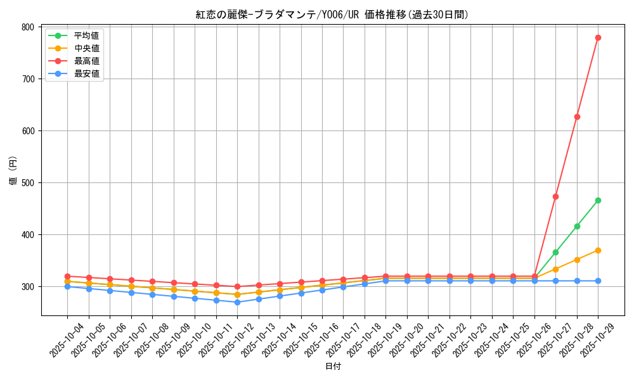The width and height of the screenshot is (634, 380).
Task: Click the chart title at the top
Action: click(332, 15)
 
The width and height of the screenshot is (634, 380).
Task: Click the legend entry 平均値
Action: click(86, 35)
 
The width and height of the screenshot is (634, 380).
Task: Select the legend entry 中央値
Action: click(86, 48)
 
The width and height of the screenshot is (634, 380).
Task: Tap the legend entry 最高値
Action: click(86, 61)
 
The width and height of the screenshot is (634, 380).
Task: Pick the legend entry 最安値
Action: click(86, 73)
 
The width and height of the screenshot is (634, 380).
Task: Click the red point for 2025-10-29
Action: click(598, 37)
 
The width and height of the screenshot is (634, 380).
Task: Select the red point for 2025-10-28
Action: click(577, 117)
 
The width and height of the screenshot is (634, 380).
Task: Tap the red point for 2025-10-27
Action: click(555, 196)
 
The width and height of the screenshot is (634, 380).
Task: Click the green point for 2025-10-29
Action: click(598, 200)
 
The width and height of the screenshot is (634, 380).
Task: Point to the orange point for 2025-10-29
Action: click(598, 250)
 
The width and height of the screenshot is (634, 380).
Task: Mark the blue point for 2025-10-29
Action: click(598, 281)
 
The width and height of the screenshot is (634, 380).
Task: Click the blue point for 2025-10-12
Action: click(237, 302)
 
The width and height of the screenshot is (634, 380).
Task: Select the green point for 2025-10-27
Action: click(555, 252)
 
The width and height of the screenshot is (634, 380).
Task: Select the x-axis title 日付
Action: click(333, 366)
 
